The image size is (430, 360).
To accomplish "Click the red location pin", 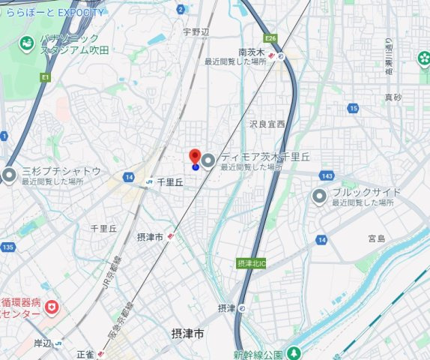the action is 195,157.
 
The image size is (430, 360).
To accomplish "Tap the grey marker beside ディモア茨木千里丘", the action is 208,159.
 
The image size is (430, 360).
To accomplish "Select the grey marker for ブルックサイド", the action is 320,196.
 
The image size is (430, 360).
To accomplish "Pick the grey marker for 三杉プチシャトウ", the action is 8,175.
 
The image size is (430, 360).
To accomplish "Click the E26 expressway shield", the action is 270,37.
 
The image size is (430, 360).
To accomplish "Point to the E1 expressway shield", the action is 46,77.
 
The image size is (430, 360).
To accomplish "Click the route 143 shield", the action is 326,175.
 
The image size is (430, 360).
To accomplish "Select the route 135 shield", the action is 8,247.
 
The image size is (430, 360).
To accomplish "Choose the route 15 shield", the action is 352,109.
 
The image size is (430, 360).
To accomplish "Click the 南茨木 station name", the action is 252,52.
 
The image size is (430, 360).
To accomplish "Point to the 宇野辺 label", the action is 198,32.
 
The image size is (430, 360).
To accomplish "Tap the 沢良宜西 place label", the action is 267,124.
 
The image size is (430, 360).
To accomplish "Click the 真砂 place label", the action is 393,97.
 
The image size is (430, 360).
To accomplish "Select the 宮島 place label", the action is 376,238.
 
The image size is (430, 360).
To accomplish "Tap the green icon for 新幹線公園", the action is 294,352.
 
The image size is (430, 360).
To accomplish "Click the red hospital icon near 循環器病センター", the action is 52,307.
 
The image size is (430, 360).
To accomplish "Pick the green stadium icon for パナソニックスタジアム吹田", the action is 27,44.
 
